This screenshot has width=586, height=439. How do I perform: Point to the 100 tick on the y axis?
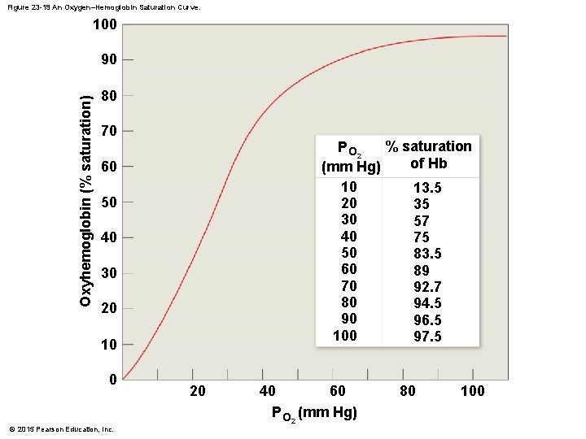pyautogui.click(x=103, y=24)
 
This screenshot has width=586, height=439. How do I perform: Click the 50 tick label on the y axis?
pyautogui.click(x=107, y=202)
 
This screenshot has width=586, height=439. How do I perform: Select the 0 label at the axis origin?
pyautogui.click(x=113, y=380)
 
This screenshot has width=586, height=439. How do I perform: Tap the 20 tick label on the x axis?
pyautogui.click(x=198, y=391)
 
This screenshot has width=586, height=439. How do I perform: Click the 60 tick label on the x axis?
pyautogui.click(x=337, y=391)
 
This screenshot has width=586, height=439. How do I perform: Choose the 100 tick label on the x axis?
pyautogui.click(x=472, y=391)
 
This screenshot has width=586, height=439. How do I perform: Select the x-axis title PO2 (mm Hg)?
pyautogui.click(x=314, y=413)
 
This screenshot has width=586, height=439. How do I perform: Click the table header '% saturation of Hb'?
pyautogui.click(x=428, y=154)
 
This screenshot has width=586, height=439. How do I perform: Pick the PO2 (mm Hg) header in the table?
pyautogui.click(x=351, y=158)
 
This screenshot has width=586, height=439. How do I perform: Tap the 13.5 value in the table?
pyautogui.click(x=427, y=188)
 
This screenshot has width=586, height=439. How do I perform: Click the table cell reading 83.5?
pyautogui.click(x=427, y=254)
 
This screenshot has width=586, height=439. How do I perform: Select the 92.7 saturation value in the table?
pyautogui.click(x=427, y=286)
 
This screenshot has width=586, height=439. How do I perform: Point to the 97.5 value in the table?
pyautogui.click(x=427, y=336)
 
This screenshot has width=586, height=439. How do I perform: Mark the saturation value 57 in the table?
pyautogui.click(x=422, y=221)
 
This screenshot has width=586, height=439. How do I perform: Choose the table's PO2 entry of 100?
pyautogui.click(x=345, y=335)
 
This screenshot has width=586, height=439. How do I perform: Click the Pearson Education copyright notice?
pyautogui.click(x=61, y=429)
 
